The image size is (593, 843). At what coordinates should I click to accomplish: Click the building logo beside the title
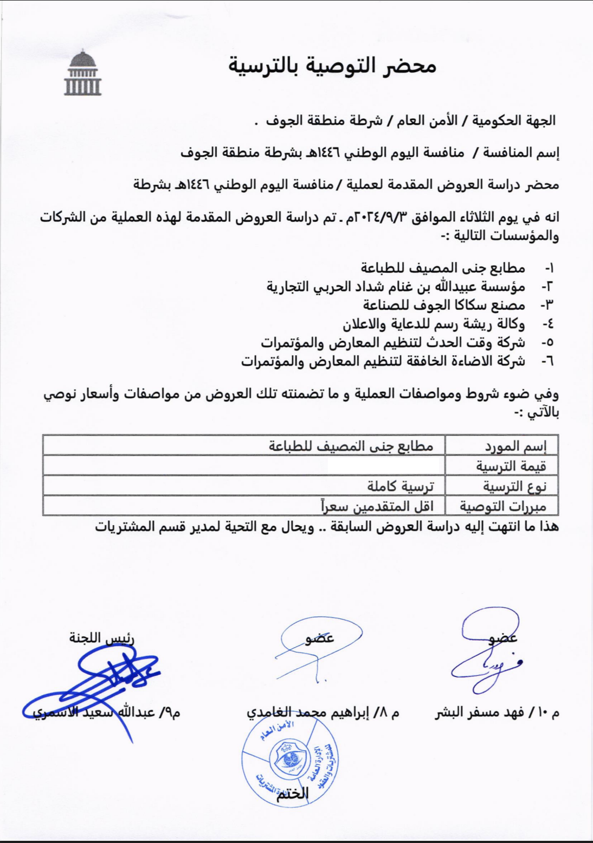(83, 73)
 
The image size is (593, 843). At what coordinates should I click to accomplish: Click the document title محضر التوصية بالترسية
(332, 66)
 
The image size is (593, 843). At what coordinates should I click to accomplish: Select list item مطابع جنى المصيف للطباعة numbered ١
(443, 267)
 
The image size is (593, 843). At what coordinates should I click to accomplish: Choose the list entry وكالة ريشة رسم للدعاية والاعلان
(434, 324)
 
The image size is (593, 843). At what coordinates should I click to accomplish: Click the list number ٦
(548, 361)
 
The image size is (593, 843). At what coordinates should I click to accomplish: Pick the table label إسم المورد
(515, 446)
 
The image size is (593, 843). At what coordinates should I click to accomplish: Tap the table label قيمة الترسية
(511, 466)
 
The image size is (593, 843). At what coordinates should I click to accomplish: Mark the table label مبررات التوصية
(503, 507)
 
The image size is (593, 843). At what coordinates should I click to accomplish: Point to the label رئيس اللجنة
(101, 637)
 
